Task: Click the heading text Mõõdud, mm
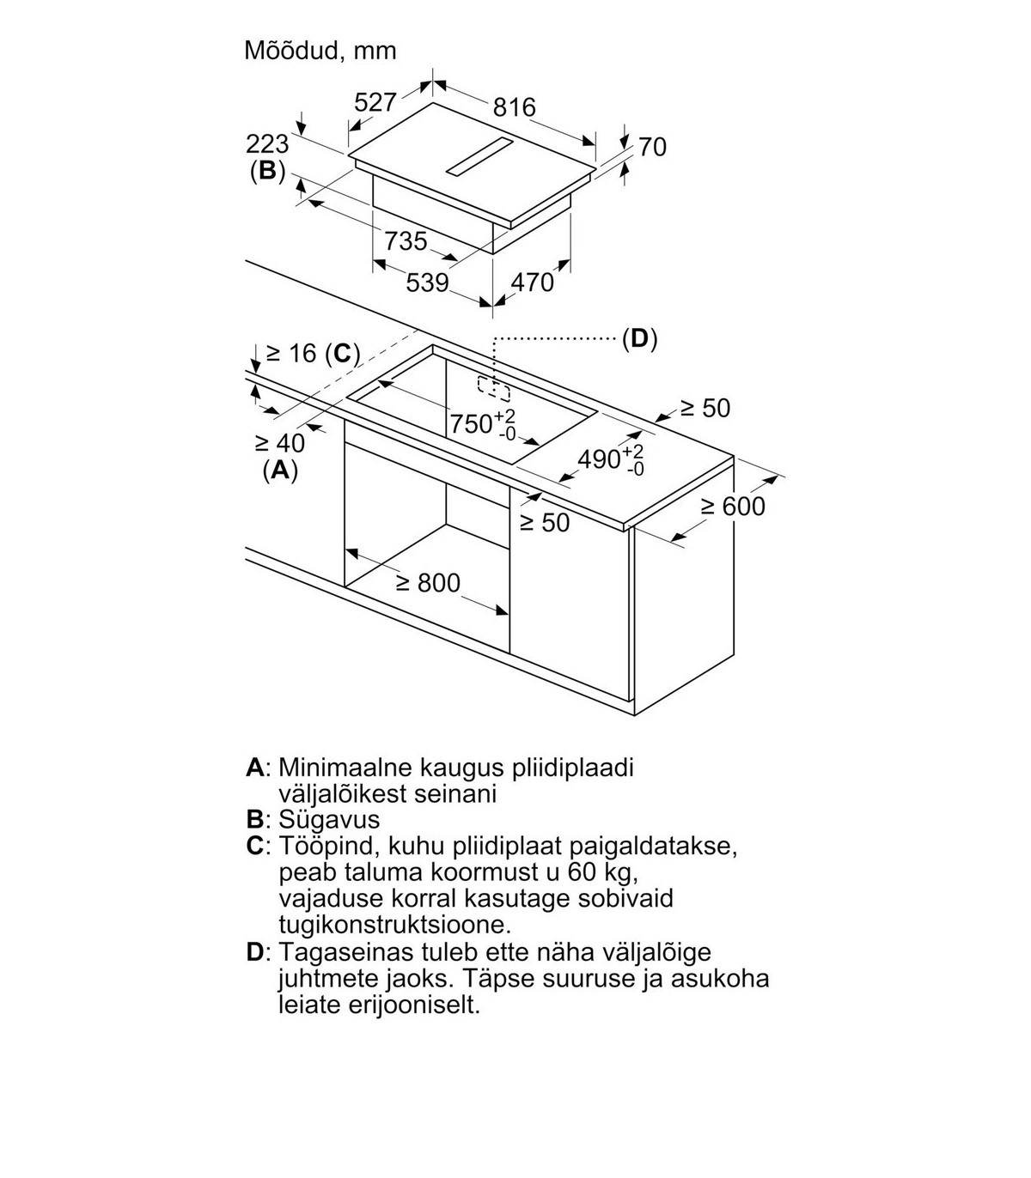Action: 320,51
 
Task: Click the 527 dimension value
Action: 375,102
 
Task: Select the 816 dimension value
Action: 515,107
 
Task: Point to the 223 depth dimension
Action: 267,144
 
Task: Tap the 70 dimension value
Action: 653,147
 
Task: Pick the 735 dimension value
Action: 406,240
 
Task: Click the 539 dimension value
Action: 427,282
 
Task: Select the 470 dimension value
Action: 532,282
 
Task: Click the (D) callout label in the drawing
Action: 639,339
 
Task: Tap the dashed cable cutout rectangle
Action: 494,389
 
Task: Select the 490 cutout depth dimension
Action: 611,458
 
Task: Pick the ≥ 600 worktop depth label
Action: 733,507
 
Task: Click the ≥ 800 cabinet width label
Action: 429,583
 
